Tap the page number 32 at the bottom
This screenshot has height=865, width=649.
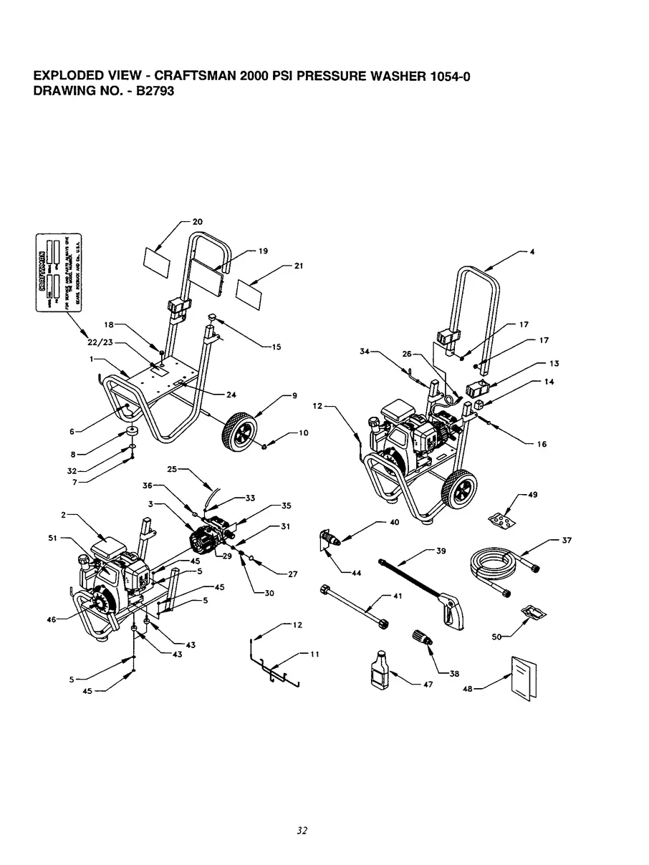[302, 831]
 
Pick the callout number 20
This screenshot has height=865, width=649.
[197, 222]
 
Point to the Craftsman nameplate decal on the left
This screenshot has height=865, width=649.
[59, 274]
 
